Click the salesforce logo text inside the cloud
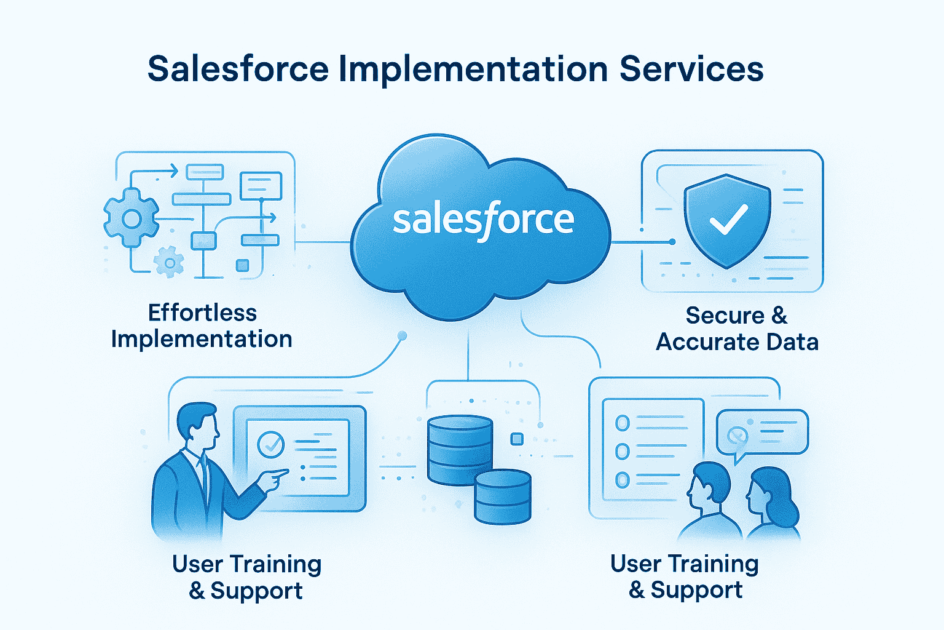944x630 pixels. [x=483, y=220]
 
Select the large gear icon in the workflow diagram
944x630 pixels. [x=131, y=218]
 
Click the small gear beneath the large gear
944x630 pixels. [x=169, y=263]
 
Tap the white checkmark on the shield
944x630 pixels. [x=728, y=218]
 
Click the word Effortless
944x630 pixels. [x=202, y=313]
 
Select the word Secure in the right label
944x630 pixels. [x=725, y=315]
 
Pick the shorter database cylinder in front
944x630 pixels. [x=503, y=496]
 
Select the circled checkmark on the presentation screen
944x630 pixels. [x=270, y=444]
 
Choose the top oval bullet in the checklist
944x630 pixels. [x=623, y=423]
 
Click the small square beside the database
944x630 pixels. [x=517, y=439]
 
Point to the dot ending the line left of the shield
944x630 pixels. [x=672, y=242]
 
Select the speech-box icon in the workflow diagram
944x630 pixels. [x=261, y=186]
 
